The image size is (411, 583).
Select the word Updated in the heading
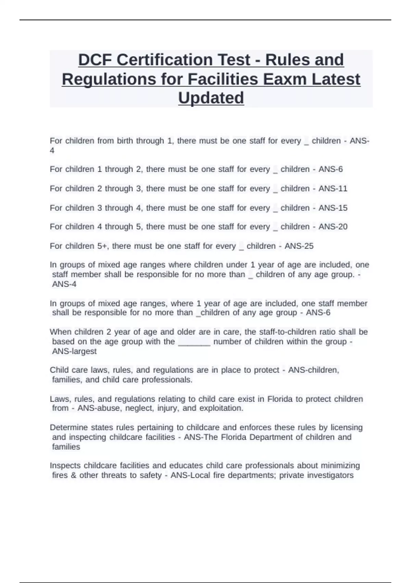click(211, 98)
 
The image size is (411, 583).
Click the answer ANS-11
click(333, 189)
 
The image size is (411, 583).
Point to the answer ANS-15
click(333, 208)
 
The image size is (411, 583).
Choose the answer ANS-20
click(333, 227)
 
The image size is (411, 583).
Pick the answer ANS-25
click(299, 246)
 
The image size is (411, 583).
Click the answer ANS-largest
click(74, 351)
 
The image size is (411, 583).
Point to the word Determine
click(67, 428)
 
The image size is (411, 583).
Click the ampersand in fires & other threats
click(74, 475)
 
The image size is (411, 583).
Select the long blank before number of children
click(194, 342)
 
